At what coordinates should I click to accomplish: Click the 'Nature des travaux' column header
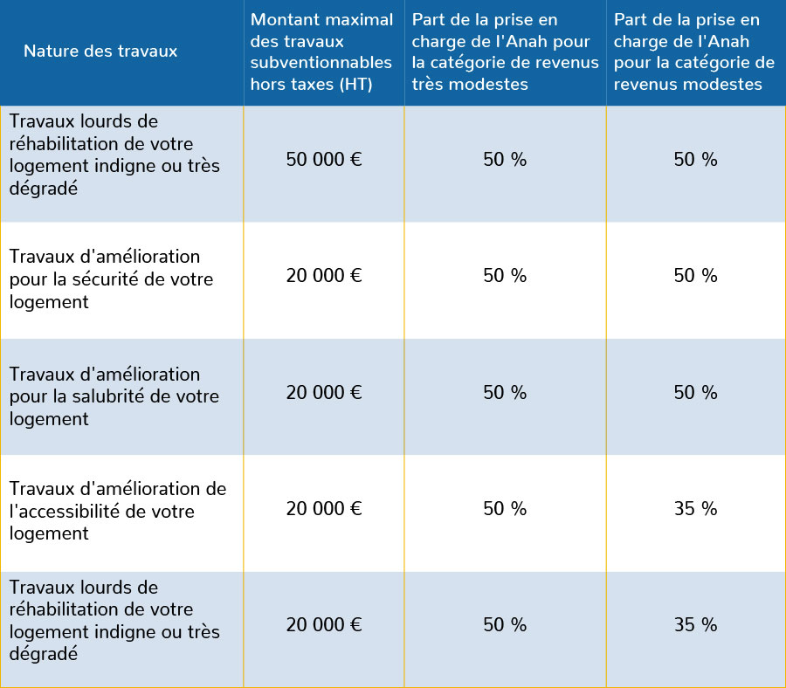[x=100, y=52]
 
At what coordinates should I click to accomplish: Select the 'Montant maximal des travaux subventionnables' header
[x=321, y=52]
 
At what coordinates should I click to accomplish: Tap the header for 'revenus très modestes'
[x=505, y=52]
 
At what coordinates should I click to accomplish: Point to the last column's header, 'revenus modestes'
[x=694, y=52]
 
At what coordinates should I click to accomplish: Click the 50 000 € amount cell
[x=323, y=160]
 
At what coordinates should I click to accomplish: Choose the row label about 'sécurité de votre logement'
[x=111, y=279]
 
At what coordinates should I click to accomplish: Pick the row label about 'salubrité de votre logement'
[x=114, y=396]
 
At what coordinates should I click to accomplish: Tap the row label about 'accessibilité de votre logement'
[x=117, y=512]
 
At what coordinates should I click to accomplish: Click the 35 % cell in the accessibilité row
[x=695, y=509]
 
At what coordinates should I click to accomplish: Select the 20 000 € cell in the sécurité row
[x=323, y=276]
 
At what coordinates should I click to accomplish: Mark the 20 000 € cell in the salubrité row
[x=323, y=393]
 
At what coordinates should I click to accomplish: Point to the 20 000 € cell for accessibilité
[x=323, y=509]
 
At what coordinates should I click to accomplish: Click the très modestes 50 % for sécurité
[x=505, y=276]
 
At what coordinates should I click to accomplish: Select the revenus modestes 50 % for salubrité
[x=695, y=393]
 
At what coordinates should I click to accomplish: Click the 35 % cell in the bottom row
[x=695, y=625]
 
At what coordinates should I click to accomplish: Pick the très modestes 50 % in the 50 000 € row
[x=505, y=160]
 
